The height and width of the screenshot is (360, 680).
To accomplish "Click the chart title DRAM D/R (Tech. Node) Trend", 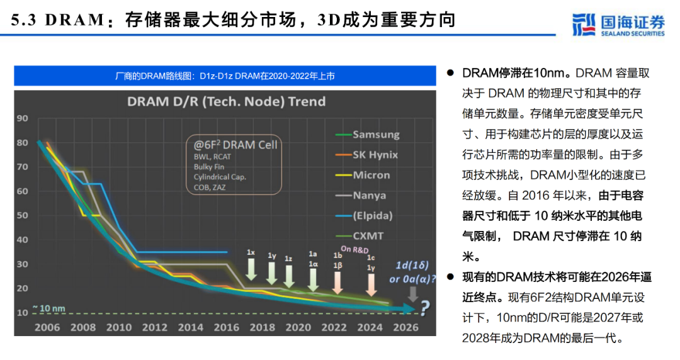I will pyautogui.click(x=226, y=101).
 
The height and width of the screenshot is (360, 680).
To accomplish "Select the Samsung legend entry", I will pyautogui.click(x=375, y=134).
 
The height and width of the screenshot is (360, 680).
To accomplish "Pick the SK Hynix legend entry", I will pyautogui.click(x=375, y=155).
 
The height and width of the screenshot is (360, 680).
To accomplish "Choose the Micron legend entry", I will pyautogui.click(x=371, y=175).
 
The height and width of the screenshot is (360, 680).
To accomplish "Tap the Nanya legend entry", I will pyautogui.click(x=370, y=196).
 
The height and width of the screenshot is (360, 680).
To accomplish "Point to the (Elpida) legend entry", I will pyautogui.click(x=372, y=216).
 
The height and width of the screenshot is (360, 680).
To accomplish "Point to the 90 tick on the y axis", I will pyautogui.click(x=23, y=118).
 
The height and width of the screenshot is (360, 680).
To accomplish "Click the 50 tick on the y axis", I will pyautogui.click(x=23, y=215).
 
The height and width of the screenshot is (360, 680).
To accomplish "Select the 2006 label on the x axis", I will pyautogui.click(x=48, y=327).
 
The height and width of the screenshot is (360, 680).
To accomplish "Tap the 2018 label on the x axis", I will pyautogui.click(x=262, y=327).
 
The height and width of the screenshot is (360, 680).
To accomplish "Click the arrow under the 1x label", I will pyautogui.click(x=251, y=270).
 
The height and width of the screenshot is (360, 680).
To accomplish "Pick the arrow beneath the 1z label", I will pyautogui.click(x=289, y=274).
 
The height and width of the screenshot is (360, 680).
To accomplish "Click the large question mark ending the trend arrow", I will pyautogui.click(x=425, y=308).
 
